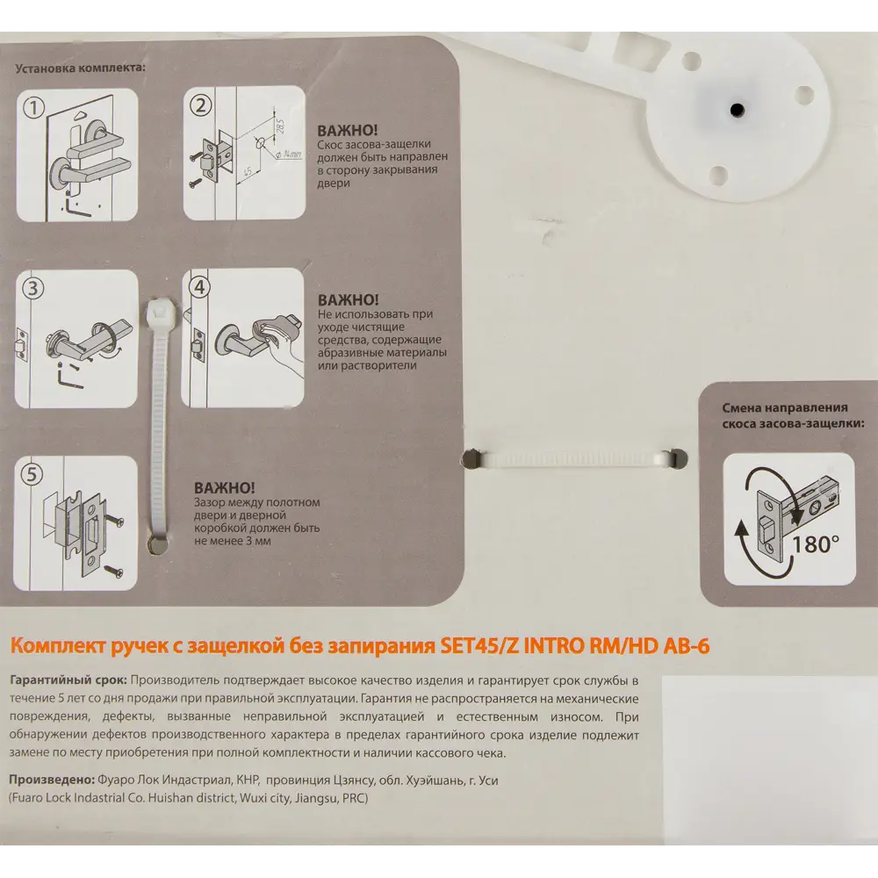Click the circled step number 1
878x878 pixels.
33,107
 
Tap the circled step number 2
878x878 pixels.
200,104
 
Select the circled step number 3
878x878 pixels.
32,288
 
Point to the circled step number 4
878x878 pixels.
199,287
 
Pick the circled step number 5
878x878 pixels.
32,474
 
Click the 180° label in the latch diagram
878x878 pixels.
816,543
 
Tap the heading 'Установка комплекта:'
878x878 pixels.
80,68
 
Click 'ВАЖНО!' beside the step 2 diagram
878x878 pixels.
347,131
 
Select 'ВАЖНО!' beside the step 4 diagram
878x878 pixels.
349,299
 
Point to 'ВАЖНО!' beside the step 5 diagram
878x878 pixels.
225,487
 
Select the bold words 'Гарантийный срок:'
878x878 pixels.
68,681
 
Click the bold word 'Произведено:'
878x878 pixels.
52,780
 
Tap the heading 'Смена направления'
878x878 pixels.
784,407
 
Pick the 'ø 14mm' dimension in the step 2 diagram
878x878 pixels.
289,154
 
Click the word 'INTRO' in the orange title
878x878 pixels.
553,646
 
